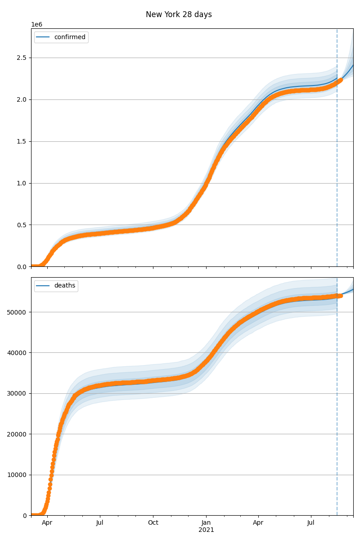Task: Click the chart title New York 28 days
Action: [x=179, y=14]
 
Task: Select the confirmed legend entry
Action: [x=69, y=37]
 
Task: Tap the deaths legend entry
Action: [x=65, y=286]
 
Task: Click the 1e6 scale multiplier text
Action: [x=36, y=24]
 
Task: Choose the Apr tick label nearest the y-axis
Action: [x=47, y=523]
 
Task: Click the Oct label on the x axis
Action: [x=153, y=523]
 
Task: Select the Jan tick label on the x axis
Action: [x=206, y=523]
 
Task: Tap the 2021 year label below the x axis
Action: [x=206, y=530]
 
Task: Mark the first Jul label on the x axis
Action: [x=100, y=523]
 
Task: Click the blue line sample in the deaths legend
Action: [x=44, y=286]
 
